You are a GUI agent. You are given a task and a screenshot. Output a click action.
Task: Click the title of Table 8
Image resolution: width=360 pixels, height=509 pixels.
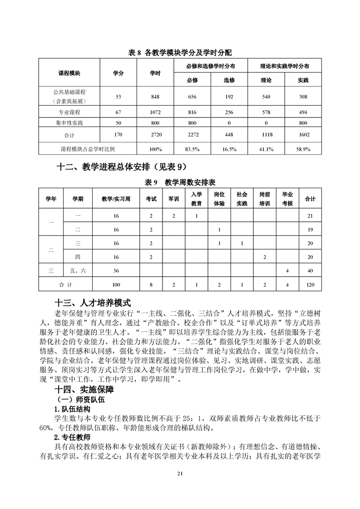180,53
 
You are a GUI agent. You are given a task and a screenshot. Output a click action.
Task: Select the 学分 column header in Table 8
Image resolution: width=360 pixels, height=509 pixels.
118,73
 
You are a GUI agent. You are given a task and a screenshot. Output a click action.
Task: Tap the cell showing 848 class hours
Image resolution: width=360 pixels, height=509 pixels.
155,97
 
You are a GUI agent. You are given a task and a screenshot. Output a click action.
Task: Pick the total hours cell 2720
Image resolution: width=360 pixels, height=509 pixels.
155,135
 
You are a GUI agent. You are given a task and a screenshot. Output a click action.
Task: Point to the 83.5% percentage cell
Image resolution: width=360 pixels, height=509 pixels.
192,149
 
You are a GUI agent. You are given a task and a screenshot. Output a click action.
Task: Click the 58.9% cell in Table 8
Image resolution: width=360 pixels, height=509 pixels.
303,149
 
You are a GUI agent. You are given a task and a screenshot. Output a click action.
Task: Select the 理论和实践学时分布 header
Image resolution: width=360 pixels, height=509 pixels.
285,66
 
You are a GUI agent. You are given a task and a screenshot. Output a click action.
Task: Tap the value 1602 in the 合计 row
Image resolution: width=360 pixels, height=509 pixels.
303,135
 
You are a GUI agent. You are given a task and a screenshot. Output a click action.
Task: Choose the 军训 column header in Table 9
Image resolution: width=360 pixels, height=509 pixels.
173,199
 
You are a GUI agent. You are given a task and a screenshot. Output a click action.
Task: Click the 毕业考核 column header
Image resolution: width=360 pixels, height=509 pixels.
287,199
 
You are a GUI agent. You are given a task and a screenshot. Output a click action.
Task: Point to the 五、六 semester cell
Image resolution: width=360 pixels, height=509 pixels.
78,271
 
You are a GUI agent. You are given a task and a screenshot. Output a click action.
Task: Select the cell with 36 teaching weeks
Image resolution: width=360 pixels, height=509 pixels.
116,271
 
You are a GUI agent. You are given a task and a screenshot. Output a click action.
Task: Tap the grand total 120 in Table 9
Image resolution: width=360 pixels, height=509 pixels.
311,284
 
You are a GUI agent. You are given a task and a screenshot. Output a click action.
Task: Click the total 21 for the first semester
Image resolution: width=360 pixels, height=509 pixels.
311,215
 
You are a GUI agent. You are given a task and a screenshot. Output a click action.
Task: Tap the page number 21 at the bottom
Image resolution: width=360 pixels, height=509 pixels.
180,474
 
